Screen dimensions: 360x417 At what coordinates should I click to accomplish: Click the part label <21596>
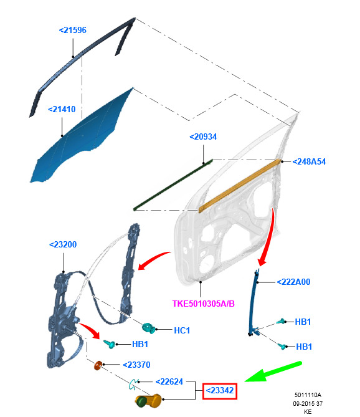(72, 30)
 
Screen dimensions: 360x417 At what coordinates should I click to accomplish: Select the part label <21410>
(62, 109)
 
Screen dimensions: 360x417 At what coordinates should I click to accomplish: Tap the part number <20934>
(203, 137)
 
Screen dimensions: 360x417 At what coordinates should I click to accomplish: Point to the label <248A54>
(309, 161)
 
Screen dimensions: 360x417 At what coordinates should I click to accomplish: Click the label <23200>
(63, 244)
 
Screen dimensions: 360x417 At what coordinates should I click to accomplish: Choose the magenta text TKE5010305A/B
(204, 304)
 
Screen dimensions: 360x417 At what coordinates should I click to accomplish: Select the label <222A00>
(293, 282)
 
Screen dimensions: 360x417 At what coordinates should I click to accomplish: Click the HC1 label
(182, 330)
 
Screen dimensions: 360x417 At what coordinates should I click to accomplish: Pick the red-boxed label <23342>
(220, 391)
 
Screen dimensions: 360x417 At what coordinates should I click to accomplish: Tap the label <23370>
(136, 365)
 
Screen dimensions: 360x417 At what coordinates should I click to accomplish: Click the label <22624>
(169, 381)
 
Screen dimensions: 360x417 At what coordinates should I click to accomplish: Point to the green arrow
(273, 371)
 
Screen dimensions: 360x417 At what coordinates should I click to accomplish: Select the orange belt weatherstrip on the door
(239, 186)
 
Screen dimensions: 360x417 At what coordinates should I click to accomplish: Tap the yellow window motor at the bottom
(148, 401)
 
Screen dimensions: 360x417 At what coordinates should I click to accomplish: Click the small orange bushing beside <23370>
(98, 365)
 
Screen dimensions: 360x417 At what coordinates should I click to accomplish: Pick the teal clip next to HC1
(149, 328)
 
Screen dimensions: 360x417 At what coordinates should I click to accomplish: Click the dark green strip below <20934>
(173, 185)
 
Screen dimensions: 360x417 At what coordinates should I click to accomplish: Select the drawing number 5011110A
(308, 395)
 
